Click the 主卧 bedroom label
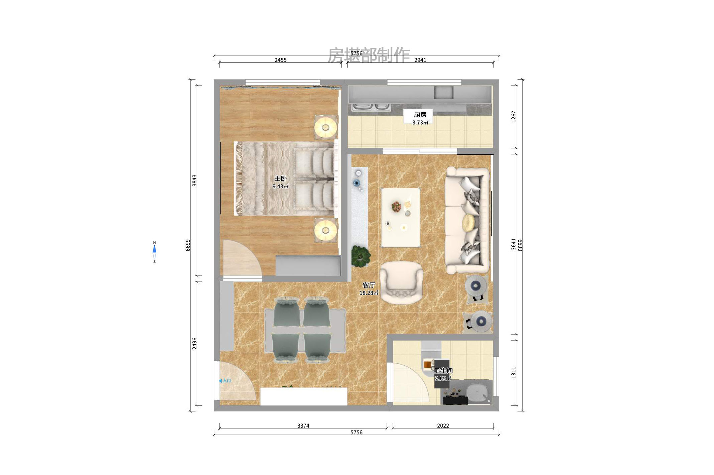tap(280, 179)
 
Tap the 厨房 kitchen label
tap(420, 115)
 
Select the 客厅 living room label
tap(369, 285)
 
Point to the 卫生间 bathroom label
tap(443, 370)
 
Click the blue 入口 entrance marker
tap(225, 381)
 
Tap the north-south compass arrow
tap(155, 252)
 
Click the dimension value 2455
tap(280, 60)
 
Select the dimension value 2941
tap(420, 60)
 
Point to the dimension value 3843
tap(194, 181)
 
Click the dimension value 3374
tap(303, 426)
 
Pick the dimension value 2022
tap(443, 426)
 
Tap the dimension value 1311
tap(513, 373)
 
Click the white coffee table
tap(400, 218)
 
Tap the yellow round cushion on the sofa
tap(468, 223)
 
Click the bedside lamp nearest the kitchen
tap(325, 127)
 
